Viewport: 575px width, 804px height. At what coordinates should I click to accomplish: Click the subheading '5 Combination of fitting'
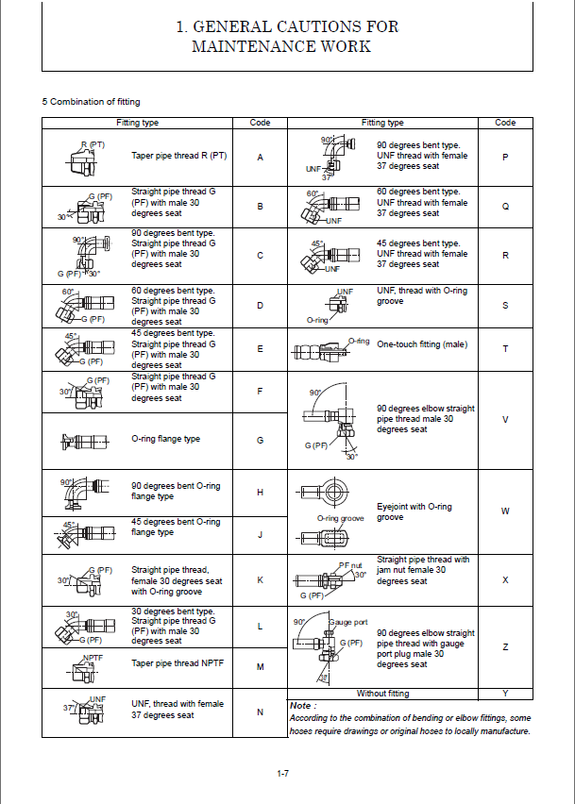[91, 101]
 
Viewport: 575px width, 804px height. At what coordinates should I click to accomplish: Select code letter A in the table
[260, 156]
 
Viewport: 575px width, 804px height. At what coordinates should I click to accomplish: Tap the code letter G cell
[260, 440]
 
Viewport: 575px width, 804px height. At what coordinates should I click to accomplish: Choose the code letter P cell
[505, 158]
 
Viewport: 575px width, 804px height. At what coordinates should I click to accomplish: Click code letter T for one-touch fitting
[505, 348]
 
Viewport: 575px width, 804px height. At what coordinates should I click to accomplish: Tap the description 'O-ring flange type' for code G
[165, 439]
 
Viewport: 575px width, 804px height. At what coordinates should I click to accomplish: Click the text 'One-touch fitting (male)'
[422, 344]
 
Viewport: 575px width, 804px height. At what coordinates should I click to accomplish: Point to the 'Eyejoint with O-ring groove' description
[401, 511]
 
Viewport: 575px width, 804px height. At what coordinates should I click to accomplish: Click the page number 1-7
[283, 774]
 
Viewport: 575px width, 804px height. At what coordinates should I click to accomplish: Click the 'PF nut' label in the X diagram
[350, 563]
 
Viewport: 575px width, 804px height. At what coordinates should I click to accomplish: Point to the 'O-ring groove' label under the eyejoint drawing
[341, 518]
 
